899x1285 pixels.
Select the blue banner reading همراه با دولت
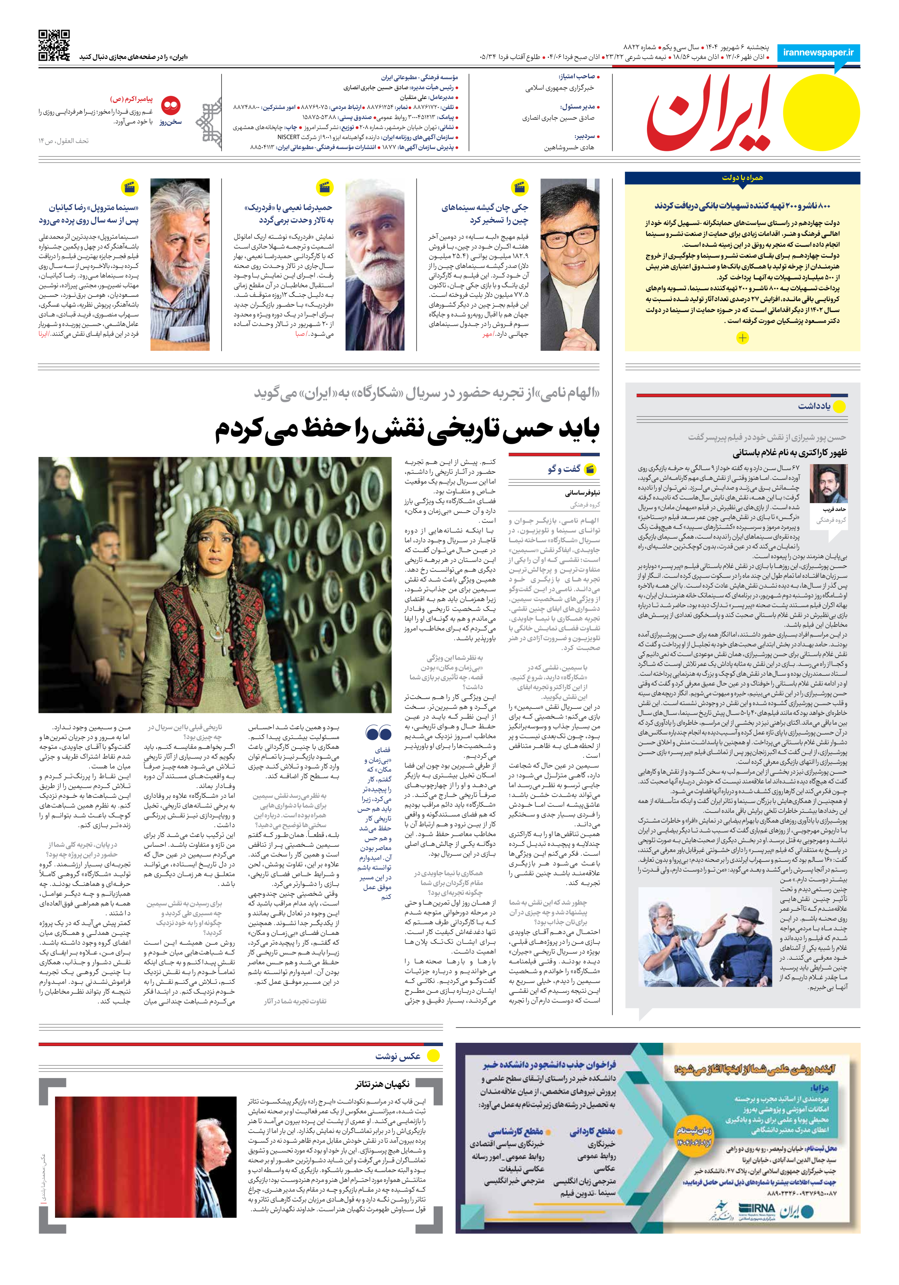pyautogui.click(x=742, y=178)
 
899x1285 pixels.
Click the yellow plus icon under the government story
pyautogui.click(x=742, y=338)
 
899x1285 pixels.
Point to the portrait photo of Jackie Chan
pyautogui.click(x=570, y=264)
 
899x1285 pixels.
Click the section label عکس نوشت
pyautogui.click(x=397, y=1056)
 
